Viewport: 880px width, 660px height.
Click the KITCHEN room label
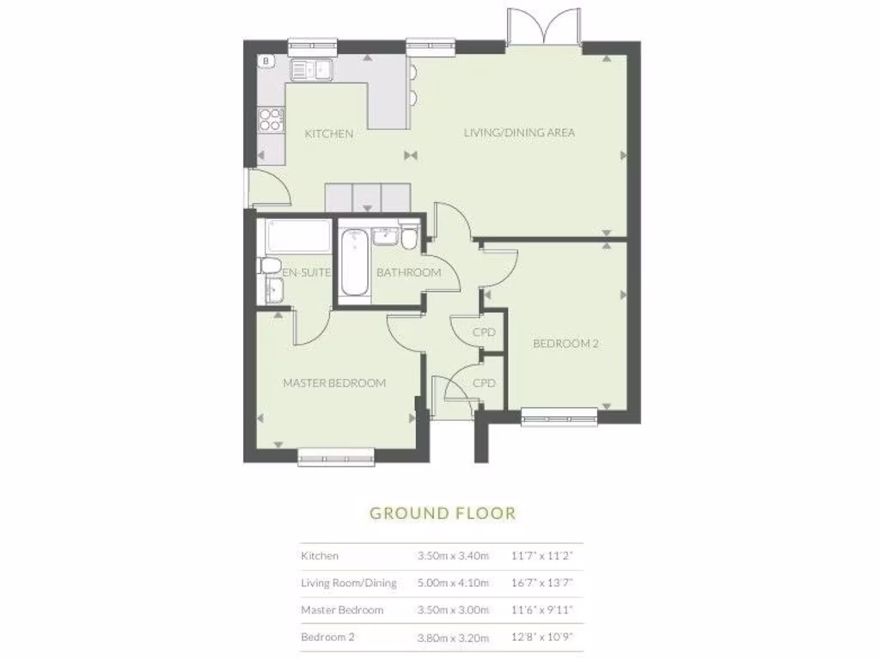click(329, 134)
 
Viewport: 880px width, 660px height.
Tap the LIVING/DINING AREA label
click(519, 132)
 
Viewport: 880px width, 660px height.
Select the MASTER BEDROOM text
click(334, 383)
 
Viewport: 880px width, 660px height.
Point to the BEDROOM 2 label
click(565, 344)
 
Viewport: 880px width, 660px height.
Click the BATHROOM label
click(408, 273)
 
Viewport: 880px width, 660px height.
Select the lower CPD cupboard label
click(485, 383)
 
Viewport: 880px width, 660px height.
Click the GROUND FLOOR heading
click(443, 514)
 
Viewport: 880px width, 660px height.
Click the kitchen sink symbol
click(311, 69)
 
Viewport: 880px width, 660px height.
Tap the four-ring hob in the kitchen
click(272, 119)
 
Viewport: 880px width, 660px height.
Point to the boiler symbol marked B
click(266, 61)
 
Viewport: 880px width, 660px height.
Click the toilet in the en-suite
click(268, 266)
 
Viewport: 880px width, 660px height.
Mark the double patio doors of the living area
click(545, 28)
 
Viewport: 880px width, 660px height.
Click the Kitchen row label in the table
click(320, 556)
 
